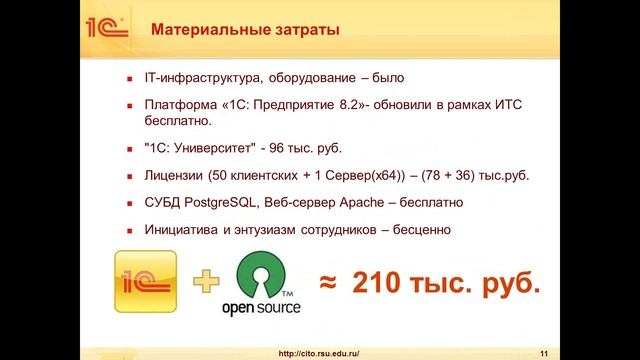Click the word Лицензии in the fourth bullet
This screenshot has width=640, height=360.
click(175, 177)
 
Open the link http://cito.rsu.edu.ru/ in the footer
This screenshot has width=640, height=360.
click(318, 352)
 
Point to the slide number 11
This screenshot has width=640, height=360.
click(544, 352)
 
